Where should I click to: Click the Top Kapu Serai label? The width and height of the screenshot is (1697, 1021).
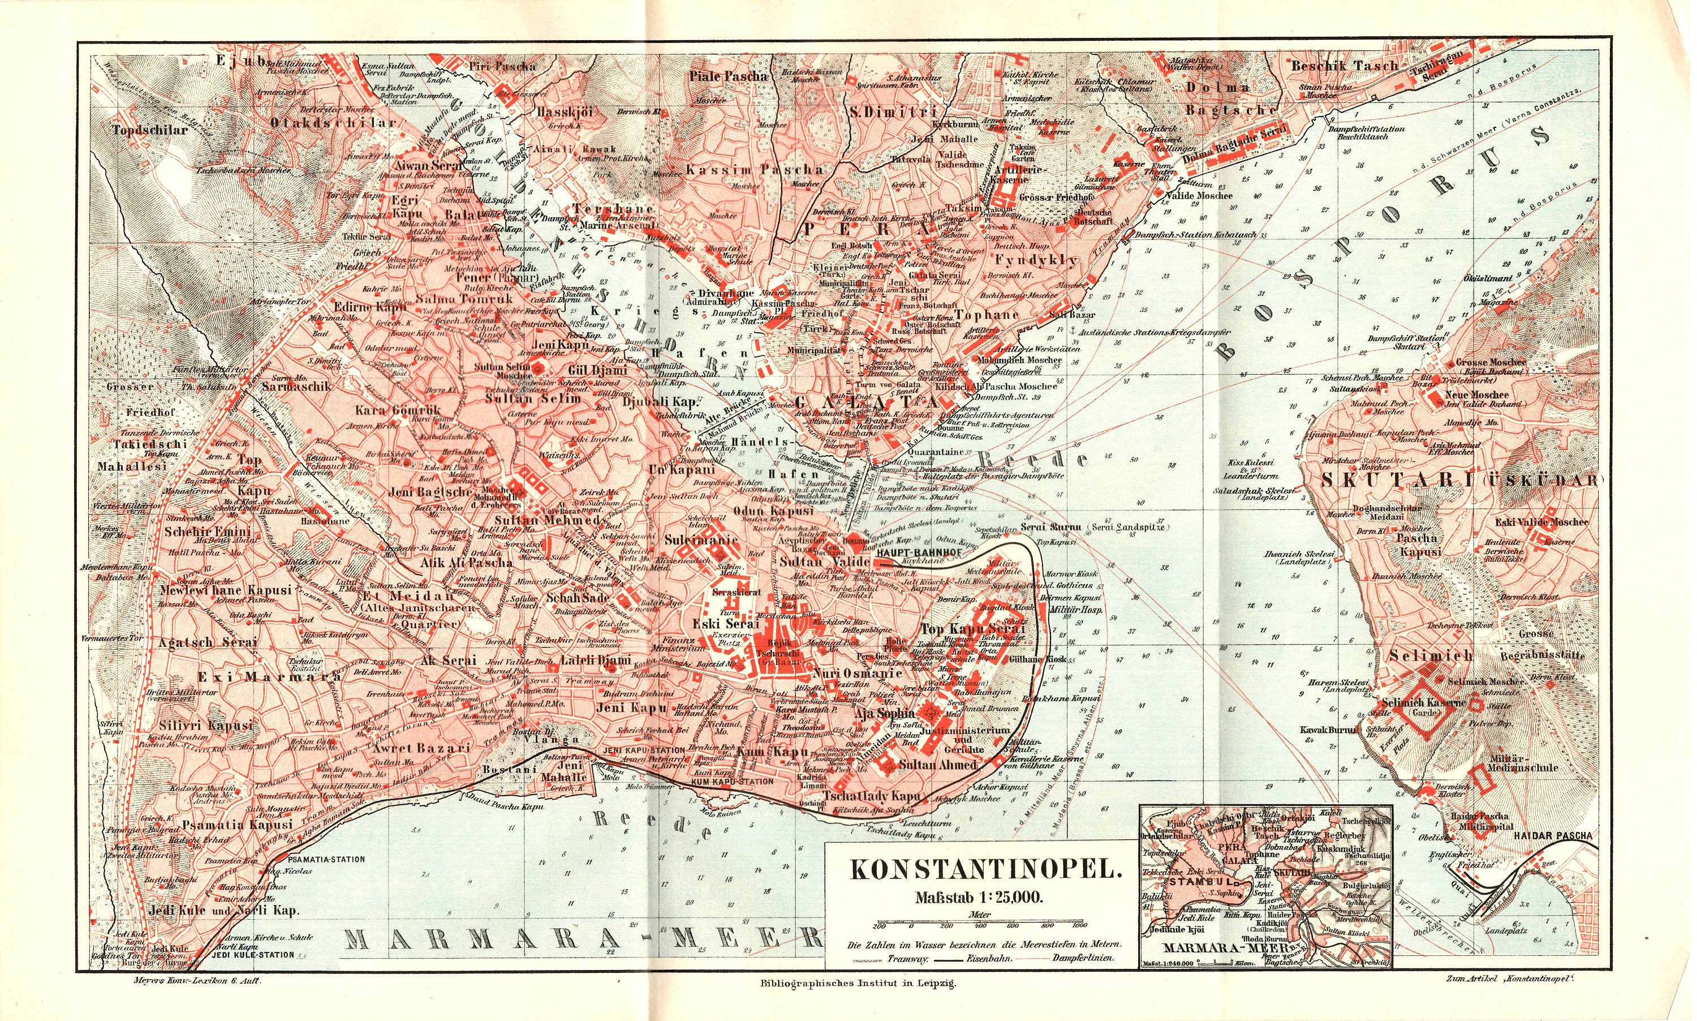pos(972,629)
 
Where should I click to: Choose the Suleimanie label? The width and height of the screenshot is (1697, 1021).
pos(701,540)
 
